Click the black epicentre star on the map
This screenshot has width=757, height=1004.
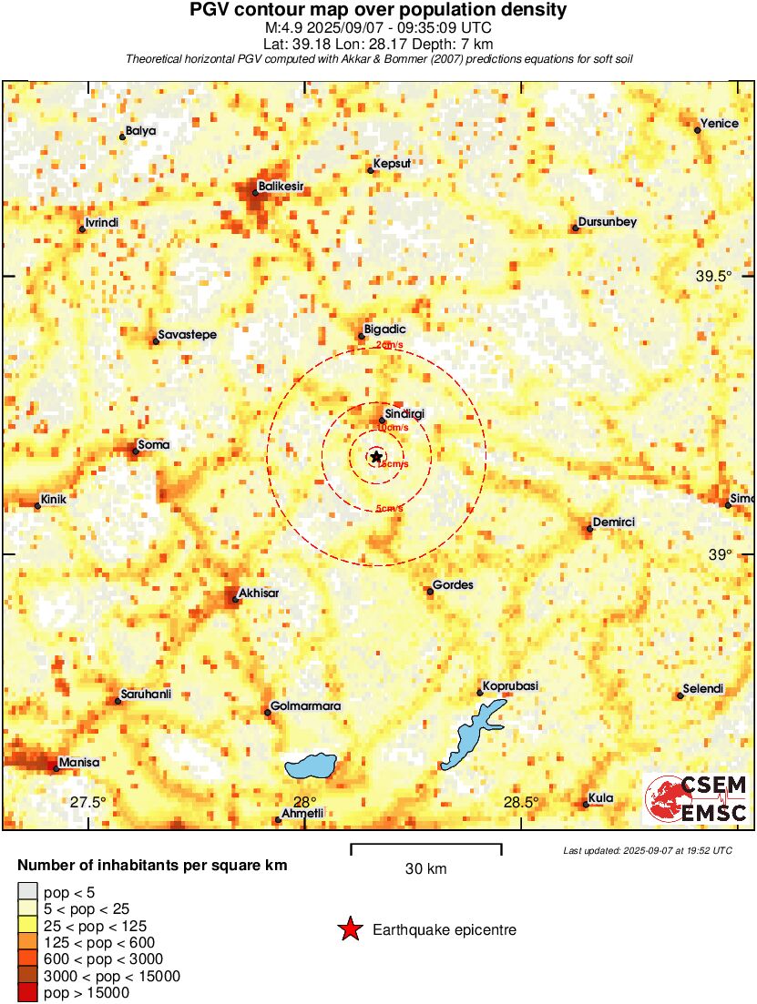376,456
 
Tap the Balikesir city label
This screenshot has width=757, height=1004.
280,186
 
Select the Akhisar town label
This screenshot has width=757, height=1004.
257,593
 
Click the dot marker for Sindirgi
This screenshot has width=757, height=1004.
382,421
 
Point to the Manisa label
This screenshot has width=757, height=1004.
78,762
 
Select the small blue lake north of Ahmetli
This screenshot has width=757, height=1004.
311,766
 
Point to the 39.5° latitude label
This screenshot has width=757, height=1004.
713,276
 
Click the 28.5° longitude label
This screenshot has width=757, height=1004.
521,802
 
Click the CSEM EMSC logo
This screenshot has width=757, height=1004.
697,798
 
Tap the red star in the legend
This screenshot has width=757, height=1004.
349,929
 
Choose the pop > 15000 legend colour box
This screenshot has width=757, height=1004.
27,993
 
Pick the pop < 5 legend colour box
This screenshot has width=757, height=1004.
27,892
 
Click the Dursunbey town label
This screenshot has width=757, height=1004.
607,222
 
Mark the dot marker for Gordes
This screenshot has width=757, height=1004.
430,591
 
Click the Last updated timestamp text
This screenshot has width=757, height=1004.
647,850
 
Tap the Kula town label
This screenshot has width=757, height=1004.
600,798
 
